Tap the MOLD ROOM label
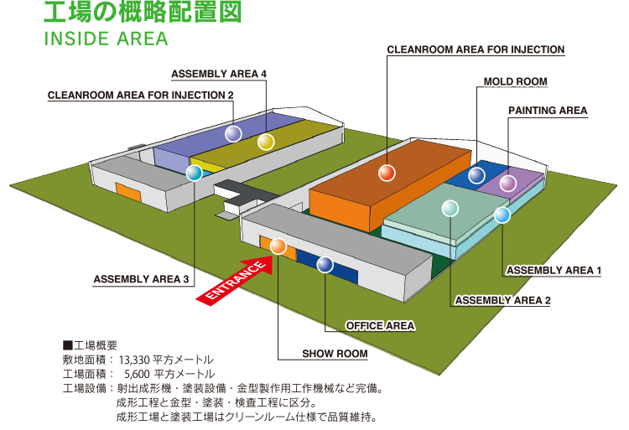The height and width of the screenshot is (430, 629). [x=515, y=82]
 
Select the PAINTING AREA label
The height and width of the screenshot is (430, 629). [x=548, y=111]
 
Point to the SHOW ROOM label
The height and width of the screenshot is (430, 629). [x=335, y=354]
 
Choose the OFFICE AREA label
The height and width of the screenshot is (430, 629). [x=381, y=325]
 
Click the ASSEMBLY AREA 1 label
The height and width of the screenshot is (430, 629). [x=554, y=270]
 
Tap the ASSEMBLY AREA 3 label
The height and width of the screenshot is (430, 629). [x=141, y=279]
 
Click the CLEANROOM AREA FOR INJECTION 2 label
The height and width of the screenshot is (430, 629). [x=141, y=96]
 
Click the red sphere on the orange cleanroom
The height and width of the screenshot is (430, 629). [x=386, y=173]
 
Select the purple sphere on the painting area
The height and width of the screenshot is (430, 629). [x=508, y=183]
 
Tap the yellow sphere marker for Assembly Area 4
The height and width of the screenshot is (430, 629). [x=266, y=142]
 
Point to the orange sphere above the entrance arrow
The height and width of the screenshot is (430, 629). [x=278, y=246]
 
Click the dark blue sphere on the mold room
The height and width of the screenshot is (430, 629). [x=476, y=174]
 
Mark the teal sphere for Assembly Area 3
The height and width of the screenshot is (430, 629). [x=194, y=174]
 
